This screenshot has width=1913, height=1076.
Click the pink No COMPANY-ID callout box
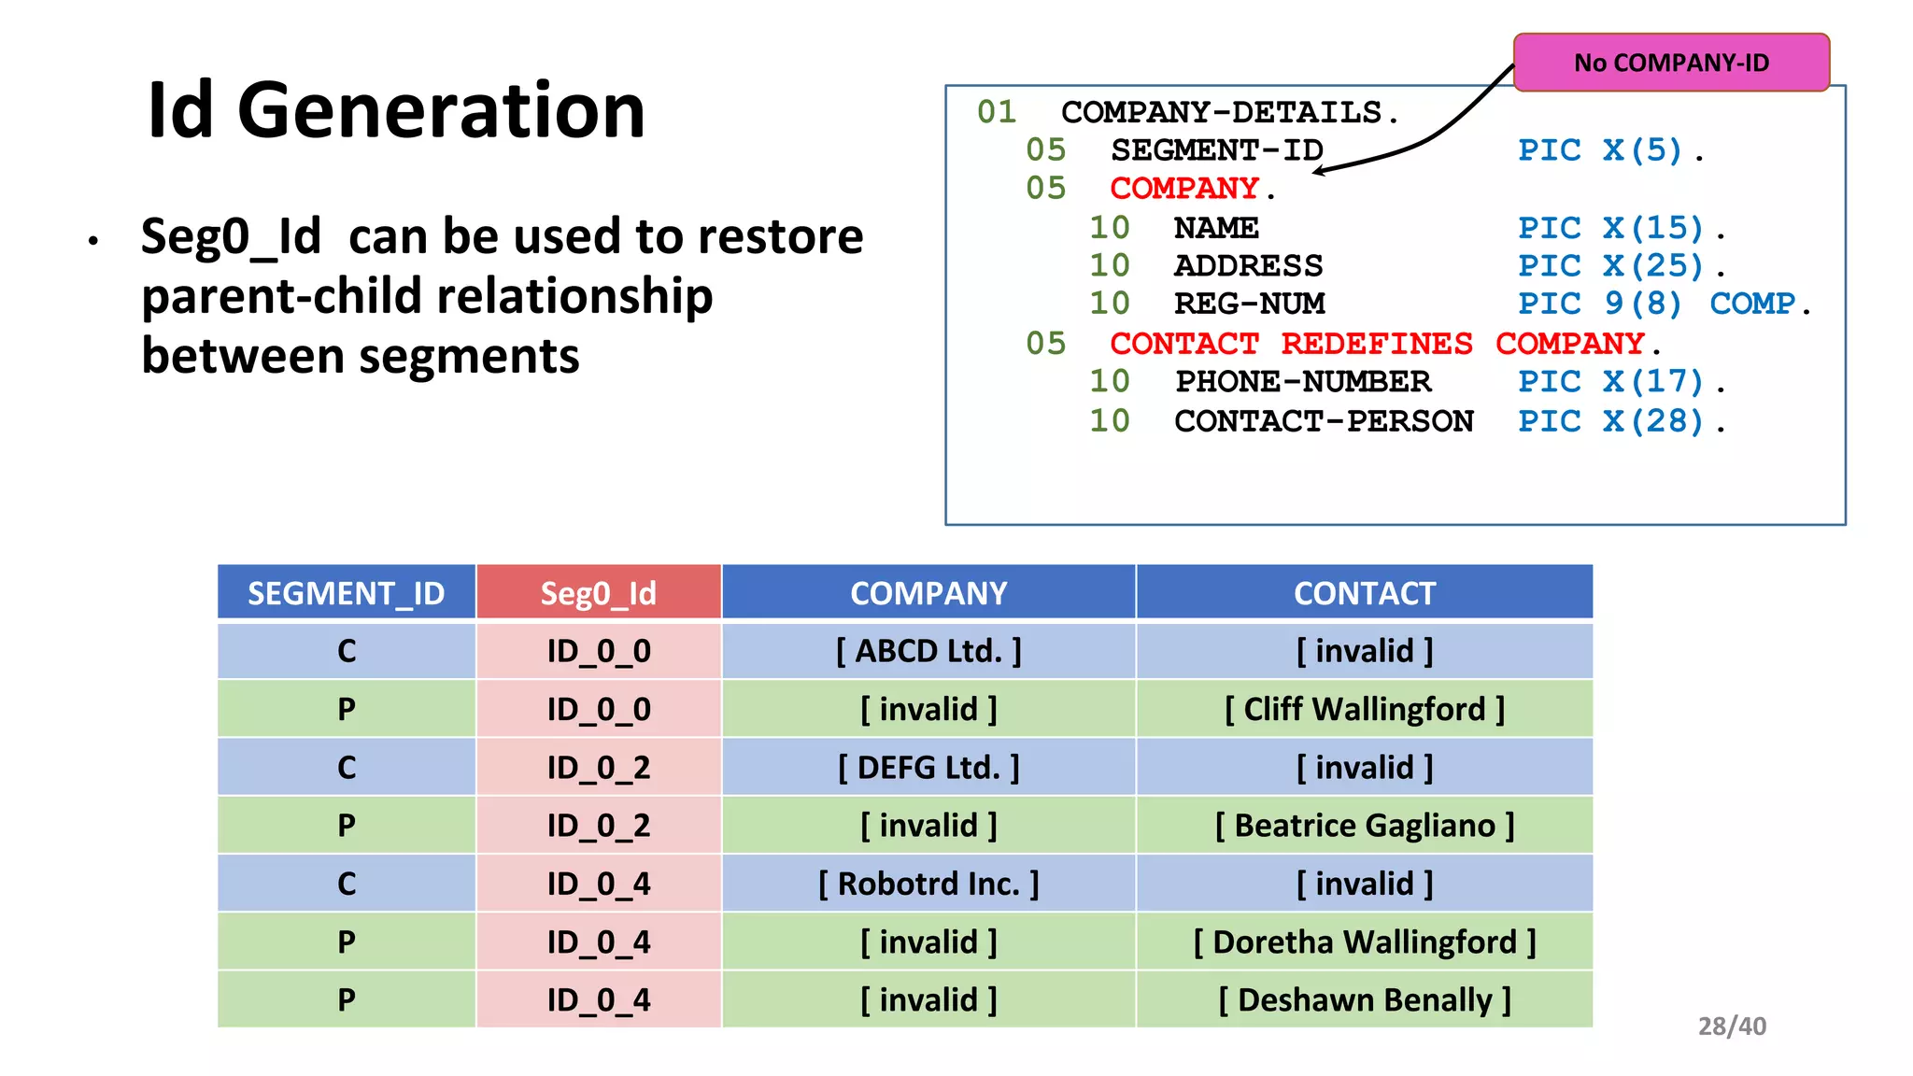(x=1670, y=63)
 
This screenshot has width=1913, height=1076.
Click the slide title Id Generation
(x=396, y=110)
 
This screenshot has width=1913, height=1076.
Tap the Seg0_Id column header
(x=598, y=593)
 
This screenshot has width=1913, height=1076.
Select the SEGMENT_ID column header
(x=346, y=593)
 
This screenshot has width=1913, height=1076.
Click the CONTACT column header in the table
(x=1364, y=593)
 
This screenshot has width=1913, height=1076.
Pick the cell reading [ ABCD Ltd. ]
(x=928, y=651)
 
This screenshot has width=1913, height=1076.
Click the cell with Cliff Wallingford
(x=1364, y=709)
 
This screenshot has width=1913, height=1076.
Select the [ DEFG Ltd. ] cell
(x=928, y=768)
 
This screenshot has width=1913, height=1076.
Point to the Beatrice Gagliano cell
(x=1364, y=826)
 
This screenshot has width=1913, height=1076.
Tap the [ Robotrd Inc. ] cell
(x=928, y=884)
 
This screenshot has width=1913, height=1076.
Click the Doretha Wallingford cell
(x=1364, y=941)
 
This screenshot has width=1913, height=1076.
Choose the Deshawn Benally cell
(x=1364, y=999)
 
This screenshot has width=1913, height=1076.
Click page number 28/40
(x=1731, y=1026)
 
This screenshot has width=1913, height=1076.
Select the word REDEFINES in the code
(x=1376, y=344)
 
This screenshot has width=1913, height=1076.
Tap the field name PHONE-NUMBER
(x=1302, y=382)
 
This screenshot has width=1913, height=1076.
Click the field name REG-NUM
(x=1249, y=304)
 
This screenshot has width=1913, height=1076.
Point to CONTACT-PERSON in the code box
(x=1323, y=421)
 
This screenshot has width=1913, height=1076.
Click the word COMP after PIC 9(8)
(x=1752, y=304)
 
